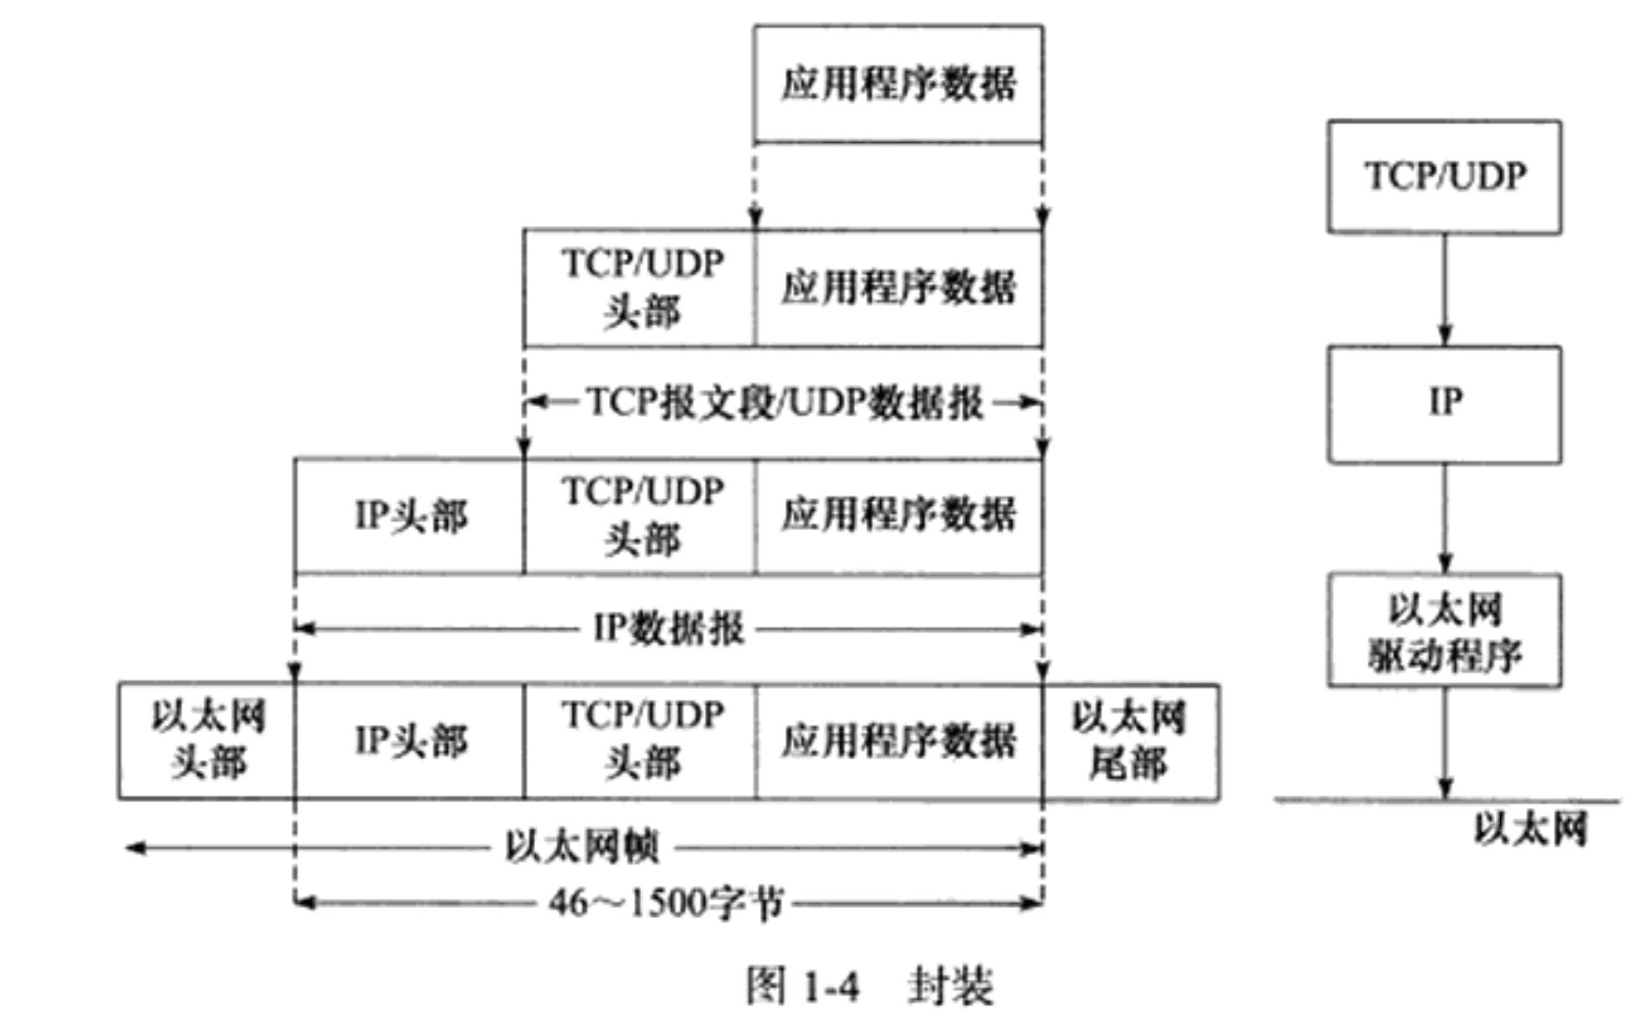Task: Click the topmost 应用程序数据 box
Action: coord(898,83)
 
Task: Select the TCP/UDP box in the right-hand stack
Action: coord(1444,176)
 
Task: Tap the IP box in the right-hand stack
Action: coord(1444,403)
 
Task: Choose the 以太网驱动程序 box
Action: coord(1444,631)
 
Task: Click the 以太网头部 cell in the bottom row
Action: coord(207,741)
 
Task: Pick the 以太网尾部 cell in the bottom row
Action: coord(1130,741)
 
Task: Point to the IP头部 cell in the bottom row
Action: coord(409,741)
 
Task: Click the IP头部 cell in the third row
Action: coord(409,516)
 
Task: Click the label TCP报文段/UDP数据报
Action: coord(784,403)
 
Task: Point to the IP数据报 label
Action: coord(668,628)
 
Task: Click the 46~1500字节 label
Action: coord(666,904)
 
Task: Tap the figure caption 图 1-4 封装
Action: coord(869,985)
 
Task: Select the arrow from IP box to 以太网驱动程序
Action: coord(1445,517)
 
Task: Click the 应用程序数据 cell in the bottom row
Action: coord(898,741)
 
